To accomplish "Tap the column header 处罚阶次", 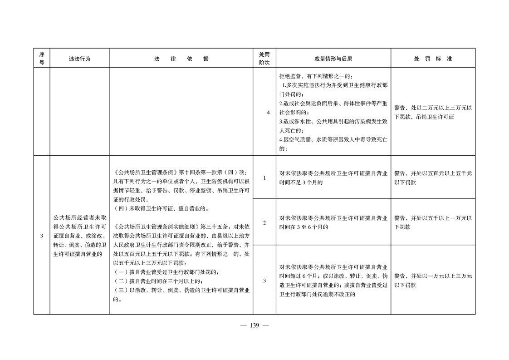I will [x=264, y=59].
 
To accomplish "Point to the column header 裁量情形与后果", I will [x=333, y=59].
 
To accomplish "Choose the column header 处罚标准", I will [x=432, y=59].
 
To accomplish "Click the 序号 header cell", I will [x=42, y=59].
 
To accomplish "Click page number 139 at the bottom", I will [x=254, y=325].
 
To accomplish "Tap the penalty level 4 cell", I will [x=264, y=113].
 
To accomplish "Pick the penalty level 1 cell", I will [x=264, y=178].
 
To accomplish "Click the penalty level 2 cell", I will [x=264, y=222].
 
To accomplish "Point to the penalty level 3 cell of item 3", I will [x=264, y=280].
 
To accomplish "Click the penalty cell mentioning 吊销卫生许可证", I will [x=432, y=113].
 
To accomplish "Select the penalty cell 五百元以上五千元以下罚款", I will [x=432, y=178].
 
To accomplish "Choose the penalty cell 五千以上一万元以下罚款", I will [x=432, y=222].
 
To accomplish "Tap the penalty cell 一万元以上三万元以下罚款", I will [x=432, y=280].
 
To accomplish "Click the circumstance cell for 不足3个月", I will [x=333, y=178].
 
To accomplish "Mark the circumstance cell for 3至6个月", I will [x=333, y=222].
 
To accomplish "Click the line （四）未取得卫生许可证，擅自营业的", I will [x=162, y=209].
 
